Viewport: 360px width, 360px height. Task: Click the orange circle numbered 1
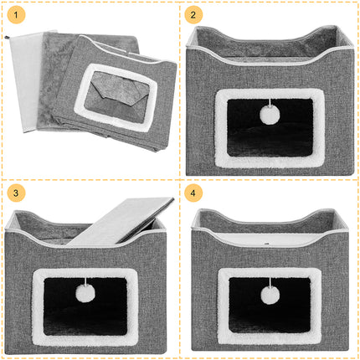coord(16,15)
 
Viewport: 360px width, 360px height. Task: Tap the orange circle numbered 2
coord(193,15)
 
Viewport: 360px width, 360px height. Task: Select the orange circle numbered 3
coord(16,193)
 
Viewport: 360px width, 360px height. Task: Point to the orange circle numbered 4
coord(193,193)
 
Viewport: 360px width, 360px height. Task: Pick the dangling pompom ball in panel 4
coord(270,296)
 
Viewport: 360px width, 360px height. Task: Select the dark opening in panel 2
coord(270,127)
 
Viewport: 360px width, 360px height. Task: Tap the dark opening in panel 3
coord(85,306)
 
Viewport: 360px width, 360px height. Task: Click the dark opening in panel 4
coord(270,306)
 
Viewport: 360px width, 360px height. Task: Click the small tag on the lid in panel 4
coord(266,243)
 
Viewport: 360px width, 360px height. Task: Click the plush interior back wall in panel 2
coord(268,44)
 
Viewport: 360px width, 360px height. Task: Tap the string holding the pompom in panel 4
coord(270,282)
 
